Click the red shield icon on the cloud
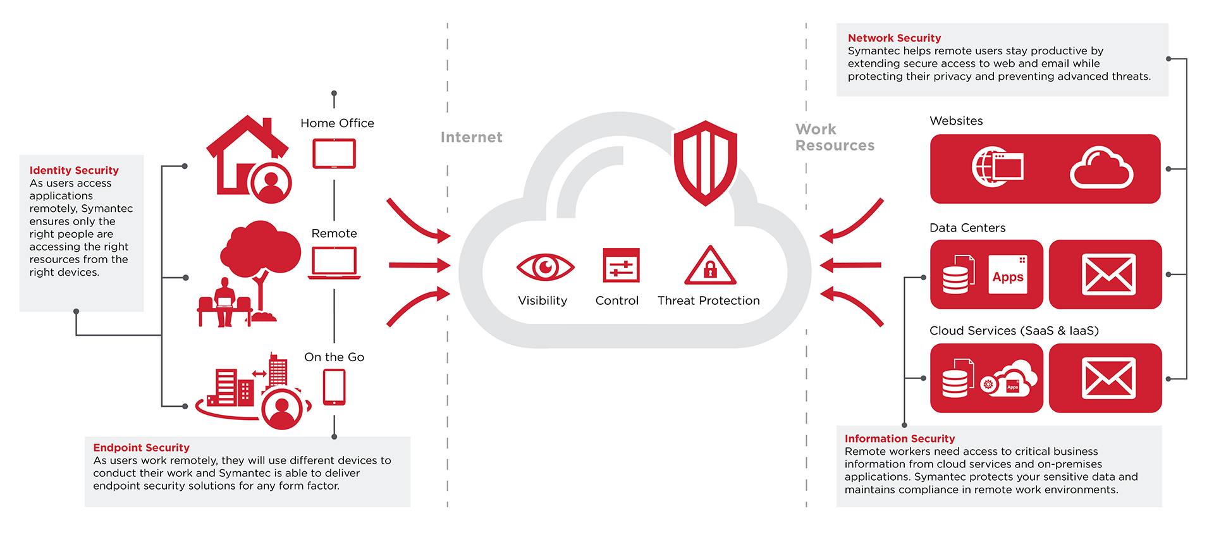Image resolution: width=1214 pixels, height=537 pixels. (705, 163)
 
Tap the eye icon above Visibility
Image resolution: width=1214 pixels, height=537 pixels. (545, 267)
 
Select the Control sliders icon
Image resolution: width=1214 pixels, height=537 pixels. (621, 265)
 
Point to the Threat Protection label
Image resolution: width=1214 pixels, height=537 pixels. (708, 301)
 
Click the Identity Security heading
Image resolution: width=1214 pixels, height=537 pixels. (74, 170)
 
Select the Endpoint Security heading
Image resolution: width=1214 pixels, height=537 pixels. (141, 448)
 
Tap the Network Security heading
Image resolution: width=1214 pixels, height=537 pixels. (894, 38)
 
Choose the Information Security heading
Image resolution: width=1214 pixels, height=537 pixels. (900, 438)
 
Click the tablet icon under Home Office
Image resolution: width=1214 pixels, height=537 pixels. (334, 154)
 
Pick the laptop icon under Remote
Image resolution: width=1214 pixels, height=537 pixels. (334, 262)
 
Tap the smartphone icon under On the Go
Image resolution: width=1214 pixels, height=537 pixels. (334, 386)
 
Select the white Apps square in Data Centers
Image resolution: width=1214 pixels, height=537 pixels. (1008, 275)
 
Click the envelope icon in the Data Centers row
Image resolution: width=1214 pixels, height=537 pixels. (1108, 275)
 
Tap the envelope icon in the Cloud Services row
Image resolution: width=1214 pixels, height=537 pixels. (1108, 378)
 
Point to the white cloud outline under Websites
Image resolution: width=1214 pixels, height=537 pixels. (1101, 168)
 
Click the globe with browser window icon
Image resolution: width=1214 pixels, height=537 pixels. (997, 167)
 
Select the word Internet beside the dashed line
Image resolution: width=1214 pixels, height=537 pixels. (471, 137)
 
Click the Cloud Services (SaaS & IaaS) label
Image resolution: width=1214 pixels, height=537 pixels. (1014, 331)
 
